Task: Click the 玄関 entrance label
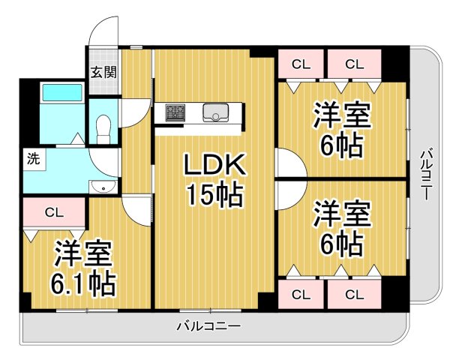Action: point(103,73)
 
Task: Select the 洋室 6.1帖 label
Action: point(82,268)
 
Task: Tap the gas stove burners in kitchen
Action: point(175,113)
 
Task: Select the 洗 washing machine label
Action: point(33,158)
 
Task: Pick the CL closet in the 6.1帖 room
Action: point(53,212)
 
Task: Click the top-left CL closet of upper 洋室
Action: point(300,63)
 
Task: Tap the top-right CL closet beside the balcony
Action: point(355,63)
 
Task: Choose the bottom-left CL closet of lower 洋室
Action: point(300,293)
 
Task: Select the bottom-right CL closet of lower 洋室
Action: point(354,293)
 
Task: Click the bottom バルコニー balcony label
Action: point(208,326)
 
